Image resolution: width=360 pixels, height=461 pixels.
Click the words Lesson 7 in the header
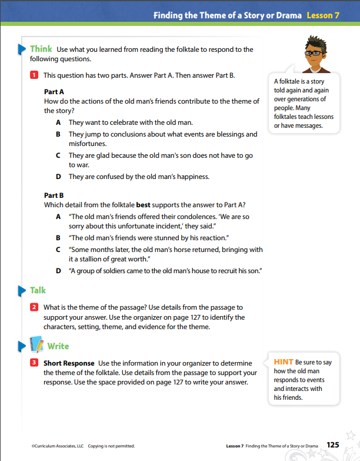click(x=322, y=16)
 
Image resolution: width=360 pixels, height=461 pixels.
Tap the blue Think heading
click(x=41, y=49)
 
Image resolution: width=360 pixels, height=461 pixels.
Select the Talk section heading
click(x=38, y=290)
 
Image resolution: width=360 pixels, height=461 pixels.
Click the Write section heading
click(x=58, y=346)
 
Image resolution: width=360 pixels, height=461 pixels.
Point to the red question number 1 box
click(x=35, y=75)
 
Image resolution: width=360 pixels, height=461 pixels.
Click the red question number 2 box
click(x=35, y=307)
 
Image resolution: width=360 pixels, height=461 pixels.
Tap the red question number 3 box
click(x=35, y=363)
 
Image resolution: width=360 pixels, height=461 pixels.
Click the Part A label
click(x=54, y=92)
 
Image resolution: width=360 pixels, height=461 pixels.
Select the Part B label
click(x=54, y=195)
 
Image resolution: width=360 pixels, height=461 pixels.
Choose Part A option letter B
click(x=58, y=134)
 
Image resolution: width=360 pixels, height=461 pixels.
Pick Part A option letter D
click(x=58, y=176)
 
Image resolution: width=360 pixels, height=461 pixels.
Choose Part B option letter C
click(x=58, y=250)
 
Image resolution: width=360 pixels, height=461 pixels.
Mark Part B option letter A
click(x=58, y=217)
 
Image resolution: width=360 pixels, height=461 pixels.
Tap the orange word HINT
click(x=284, y=362)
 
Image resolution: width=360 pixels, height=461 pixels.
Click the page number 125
click(x=333, y=445)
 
